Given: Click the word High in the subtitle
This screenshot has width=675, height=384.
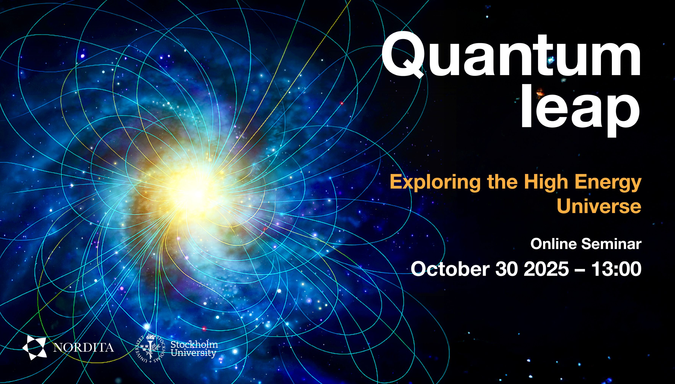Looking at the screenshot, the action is [546, 183].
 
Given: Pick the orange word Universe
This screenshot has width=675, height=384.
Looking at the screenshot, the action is [599, 206].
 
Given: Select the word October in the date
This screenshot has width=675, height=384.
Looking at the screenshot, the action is [450, 269].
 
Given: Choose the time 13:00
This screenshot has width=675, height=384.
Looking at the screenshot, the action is [616, 269].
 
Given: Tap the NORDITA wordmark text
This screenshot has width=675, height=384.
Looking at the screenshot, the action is [84, 348].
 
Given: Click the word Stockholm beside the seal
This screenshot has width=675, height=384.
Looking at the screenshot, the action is [194, 344].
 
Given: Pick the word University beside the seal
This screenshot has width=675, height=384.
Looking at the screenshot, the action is [193, 353].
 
